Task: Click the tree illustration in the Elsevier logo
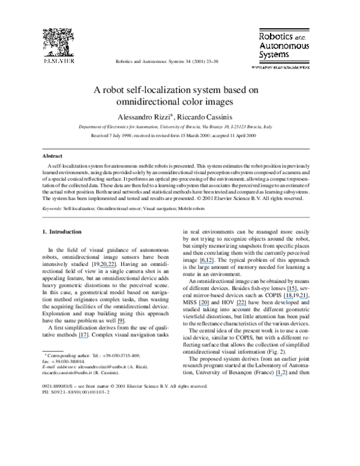(x=58, y=42)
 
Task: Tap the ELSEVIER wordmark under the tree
(x=59, y=61)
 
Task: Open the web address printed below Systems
(x=280, y=67)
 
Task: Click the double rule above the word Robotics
(x=280, y=29)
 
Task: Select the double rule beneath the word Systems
(x=280, y=63)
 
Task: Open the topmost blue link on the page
(x=206, y=262)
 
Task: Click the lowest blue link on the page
(x=278, y=376)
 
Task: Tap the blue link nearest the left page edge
(x=83, y=338)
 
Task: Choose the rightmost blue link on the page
(x=304, y=298)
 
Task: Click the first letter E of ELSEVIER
(x=44, y=61)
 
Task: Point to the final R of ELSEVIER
(x=72, y=61)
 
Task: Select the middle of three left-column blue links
(x=120, y=323)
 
